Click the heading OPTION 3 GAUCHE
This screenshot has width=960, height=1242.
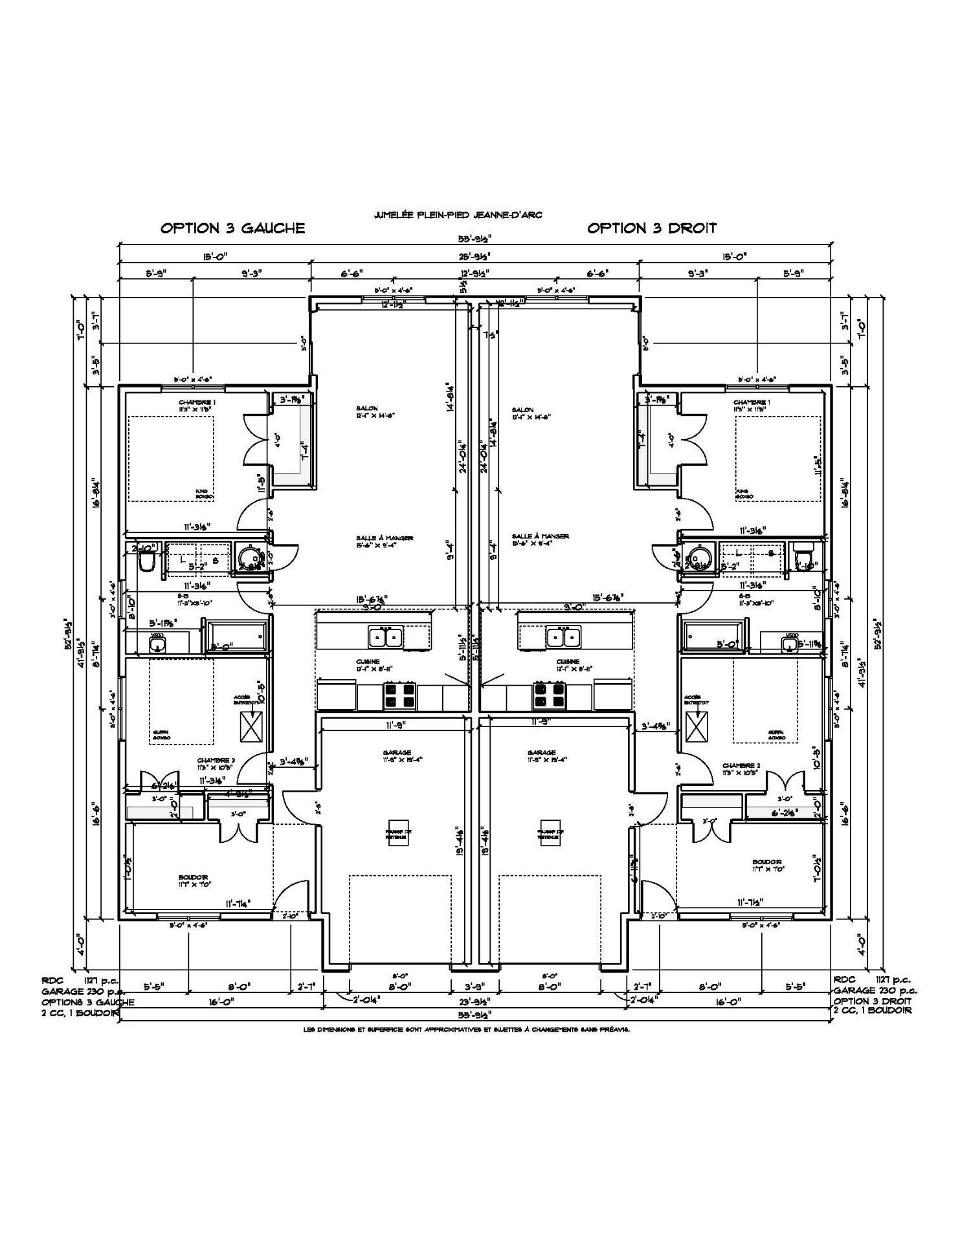(x=232, y=228)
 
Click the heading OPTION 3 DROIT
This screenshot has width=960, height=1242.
(x=651, y=228)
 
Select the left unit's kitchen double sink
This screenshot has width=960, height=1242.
(x=386, y=637)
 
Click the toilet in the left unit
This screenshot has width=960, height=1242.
(x=148, y=561)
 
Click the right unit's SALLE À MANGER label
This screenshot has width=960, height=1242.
(x=540, y=537)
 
